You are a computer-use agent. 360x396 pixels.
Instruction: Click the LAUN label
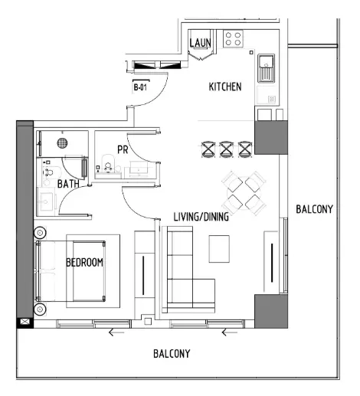click(x=200, y=43)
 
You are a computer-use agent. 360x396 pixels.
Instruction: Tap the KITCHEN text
click(x=225, y=87)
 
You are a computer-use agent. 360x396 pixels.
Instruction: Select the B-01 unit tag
click(x=140, y=87)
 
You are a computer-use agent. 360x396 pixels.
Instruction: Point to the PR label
click(x=122, y=149)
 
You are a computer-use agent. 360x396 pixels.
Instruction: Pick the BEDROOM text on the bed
click(x=84, y=263)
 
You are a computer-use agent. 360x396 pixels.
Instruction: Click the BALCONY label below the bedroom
click(x=171, y=354)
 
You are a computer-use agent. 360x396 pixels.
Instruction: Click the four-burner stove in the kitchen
click(x=234, y=39)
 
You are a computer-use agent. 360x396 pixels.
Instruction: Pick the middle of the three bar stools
click(x=227, y=148)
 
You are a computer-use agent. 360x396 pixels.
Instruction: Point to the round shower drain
click(x=64, y=142)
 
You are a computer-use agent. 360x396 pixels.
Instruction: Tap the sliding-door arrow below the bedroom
click(x=116, y=332)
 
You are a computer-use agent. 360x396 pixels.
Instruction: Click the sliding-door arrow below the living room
click(x=227, y=332)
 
